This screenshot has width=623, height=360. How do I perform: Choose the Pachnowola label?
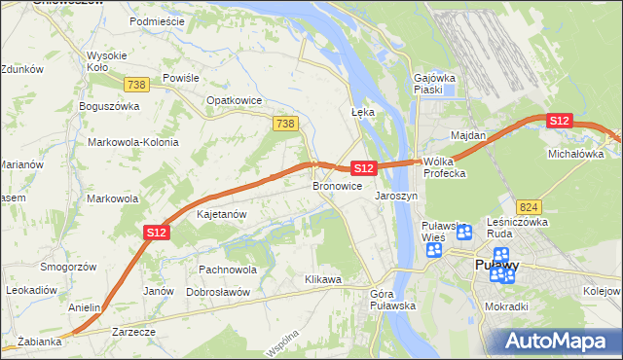pos(227,270)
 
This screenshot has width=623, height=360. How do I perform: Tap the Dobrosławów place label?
pos(218,292)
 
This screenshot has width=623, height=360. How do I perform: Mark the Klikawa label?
pos(324,280)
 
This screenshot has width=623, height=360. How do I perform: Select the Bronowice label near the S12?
pos(338,186)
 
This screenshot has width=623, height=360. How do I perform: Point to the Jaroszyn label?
pos(396,196)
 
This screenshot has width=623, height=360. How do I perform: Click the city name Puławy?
pos(495,265)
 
